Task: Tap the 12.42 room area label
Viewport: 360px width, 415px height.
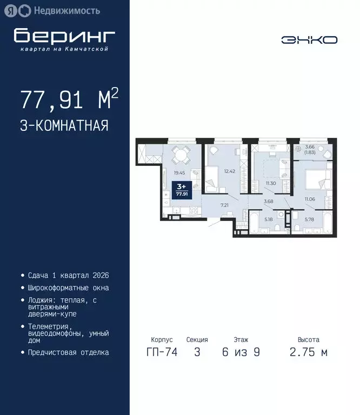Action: pyautogui.click(x=230, y=171)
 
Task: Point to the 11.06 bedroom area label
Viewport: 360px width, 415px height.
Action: pyautogui.click(x=309, y=199)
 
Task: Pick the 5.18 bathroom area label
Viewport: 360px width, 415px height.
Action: pyautogui.click(x=269, y=219)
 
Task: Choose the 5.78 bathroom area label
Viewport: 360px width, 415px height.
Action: pyautogui.click(x=309, y=219)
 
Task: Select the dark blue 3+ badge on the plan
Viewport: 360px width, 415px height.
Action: pyautogui.click(x=182, y=190)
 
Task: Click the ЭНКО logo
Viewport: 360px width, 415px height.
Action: pyautogui.click(x=309, y=40)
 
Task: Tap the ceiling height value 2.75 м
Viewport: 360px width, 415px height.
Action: pyautogui.click(x=309, y=353)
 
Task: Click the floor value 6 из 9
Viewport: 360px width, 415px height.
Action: pyautogui.click(x=241, y=353)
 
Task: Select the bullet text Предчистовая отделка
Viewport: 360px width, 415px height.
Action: pyautogui.click(x=68, y=352)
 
